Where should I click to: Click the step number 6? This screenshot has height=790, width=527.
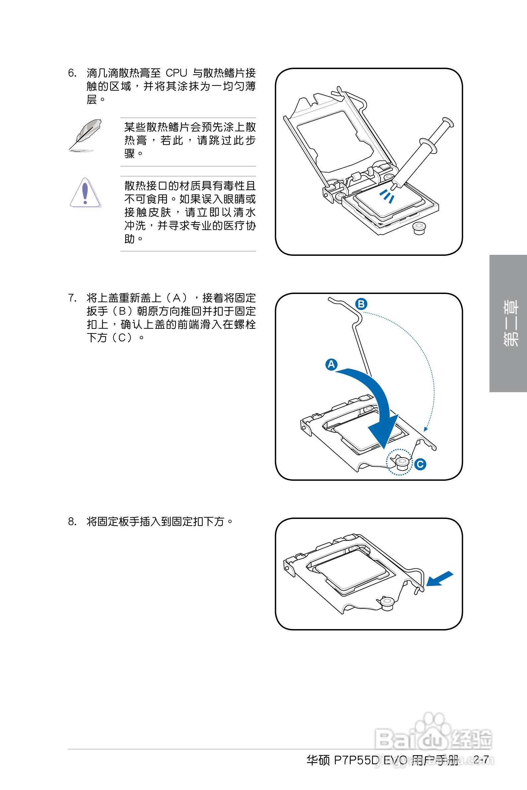click(x=72, y=73)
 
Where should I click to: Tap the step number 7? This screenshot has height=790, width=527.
click(x=72, y=298)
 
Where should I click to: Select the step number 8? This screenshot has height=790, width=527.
click(x=72, y=521)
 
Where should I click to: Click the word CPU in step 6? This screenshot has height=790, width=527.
click(x=176, y=73)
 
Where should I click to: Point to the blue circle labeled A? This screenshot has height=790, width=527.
click(x=331, y=364)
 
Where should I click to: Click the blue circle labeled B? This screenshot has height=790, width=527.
click(x=361, y=304)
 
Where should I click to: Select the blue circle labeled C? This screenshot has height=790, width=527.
click(x=420, y=464)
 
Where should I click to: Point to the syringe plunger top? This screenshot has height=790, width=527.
click(x=448, y=122)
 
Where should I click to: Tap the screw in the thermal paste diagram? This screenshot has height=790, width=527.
click(x=419, y=228)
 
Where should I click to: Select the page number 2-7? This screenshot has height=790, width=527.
click(x=481, y=759)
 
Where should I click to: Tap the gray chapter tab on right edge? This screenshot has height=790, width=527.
click(x=508, y=323)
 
